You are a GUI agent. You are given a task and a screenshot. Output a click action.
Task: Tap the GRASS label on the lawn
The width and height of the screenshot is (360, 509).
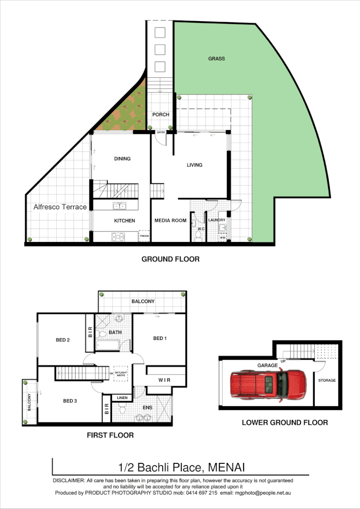point(216,59)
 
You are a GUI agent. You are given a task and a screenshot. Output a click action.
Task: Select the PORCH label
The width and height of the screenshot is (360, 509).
point(161,115)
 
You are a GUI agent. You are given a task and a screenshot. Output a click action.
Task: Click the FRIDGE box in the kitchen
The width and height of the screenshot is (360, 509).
point(144,236)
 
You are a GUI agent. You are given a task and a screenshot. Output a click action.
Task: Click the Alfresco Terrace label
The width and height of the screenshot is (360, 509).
point(60,207)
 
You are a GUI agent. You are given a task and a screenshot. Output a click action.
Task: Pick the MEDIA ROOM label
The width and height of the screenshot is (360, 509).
point(170,221)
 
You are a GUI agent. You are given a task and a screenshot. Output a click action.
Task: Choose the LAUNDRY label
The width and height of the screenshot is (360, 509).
point(217,220)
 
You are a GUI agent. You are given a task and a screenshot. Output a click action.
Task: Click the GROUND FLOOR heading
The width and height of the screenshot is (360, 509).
point(170,259)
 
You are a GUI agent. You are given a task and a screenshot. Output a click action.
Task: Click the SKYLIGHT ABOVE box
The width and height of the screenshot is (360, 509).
point(121,373)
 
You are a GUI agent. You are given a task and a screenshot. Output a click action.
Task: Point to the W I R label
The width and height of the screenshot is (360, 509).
point(164,380)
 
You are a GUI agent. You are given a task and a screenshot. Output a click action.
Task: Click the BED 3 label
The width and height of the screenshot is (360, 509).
point(70,400)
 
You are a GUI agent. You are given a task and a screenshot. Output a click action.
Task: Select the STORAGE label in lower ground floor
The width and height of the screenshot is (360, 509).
point(327,380)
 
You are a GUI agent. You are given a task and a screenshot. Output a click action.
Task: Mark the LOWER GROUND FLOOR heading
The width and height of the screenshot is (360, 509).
point(285,423)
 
